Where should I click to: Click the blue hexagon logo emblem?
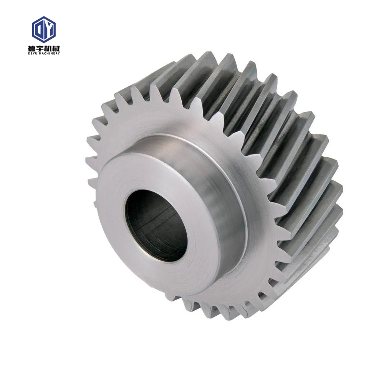pyautogui.click(x=44, y=29)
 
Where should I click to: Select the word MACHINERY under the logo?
pyautogui.click(x=50, y=53)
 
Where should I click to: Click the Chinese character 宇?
pyautogui.click(x=40, y=48)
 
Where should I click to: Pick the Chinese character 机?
pyautogui.click(x=48, y=48)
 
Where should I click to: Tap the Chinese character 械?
pyautogui.click(x=56, y=48)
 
